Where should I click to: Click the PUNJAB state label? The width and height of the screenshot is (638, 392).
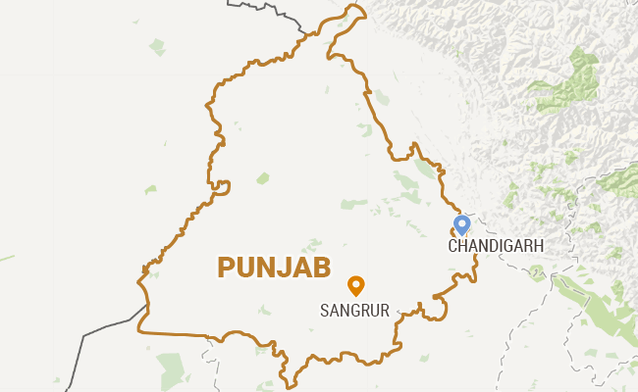pyautogui.click(x=274, y=268)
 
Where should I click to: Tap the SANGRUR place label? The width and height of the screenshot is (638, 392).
pyautogui.click(x=355, y=311)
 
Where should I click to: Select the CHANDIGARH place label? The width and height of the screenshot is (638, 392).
pyautogui.click(x=496, y=246)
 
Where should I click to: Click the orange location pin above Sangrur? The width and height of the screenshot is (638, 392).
pyautogui.click(x=356, y=285)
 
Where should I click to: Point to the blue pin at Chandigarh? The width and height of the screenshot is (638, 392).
pyautogui.click(x=462, y=225)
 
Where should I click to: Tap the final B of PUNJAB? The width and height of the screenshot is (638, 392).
pyautogui.click(x=321, y=268)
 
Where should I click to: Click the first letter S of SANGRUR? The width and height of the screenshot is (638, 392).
pyautogui.click(x=326, y=311)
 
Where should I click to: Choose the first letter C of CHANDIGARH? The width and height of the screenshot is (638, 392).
pyautogui.click(x=453, y=246)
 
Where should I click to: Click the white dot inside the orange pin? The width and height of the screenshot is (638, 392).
pyautogui.click(x=356, y=283)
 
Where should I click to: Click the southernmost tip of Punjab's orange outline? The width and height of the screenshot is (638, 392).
pyautogui.click(x=286, y=375)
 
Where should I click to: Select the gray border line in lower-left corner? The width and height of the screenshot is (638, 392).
pyautogui.click(x=98, y=333)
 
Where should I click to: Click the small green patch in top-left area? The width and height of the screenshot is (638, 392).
pyautogui.click(x=157, y=46)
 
